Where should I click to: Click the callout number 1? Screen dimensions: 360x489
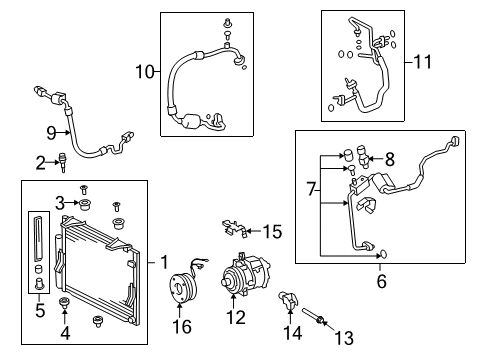click(x=164, y=263)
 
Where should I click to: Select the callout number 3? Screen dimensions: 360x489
click(x=59, y=203)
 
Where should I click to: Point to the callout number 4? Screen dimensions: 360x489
click(x=66, y=332)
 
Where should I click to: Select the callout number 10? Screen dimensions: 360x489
click(x=146, y=71)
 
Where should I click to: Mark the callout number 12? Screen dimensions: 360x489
click(x=236, y=319)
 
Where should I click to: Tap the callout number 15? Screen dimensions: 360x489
click(x=271, y=232)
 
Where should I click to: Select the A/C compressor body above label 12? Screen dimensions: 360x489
click(x=236, y=274)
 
